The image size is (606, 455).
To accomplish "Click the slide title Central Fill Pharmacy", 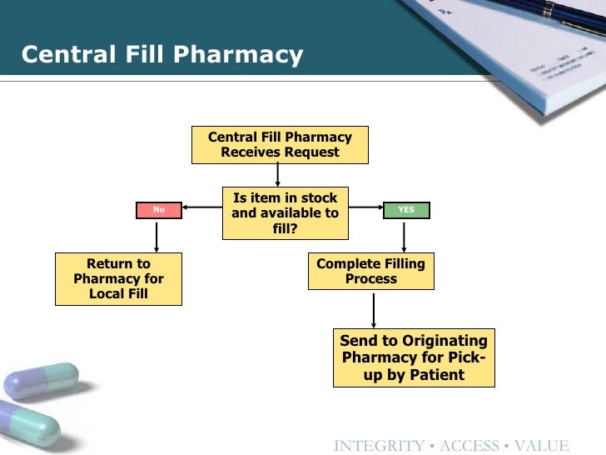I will pos(161,55).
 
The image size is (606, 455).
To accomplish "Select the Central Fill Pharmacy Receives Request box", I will pos(280,145).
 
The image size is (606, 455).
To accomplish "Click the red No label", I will pos(159,210).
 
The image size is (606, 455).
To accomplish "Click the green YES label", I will pos(405,210).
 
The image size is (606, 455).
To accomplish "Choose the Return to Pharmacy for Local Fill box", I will pos(118,279).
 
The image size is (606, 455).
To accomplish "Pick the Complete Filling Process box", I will pos(370,272).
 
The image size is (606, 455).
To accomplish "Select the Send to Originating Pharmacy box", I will pos(414,357).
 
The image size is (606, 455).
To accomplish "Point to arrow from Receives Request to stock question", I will pos(278,174).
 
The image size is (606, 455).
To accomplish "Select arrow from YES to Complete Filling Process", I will pos(405,236).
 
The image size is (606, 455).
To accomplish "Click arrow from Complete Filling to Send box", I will pos(374,309).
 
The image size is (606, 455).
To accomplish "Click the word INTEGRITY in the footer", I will pos(377,446).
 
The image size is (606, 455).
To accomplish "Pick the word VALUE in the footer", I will pos(541,446).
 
